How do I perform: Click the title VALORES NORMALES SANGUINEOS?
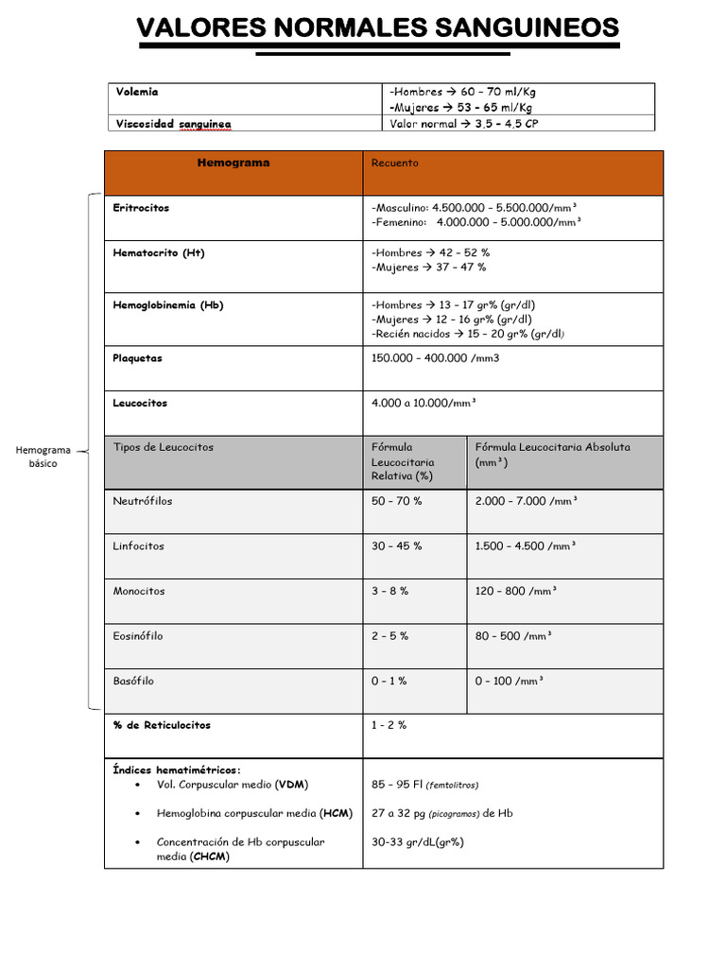click(x=378, y=29)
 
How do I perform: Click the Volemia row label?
click(x=137, y=93)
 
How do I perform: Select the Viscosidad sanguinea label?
click(x=173, y=124)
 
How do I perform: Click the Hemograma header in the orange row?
click(x=233, y=163)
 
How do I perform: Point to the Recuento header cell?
click(x=394, y=163)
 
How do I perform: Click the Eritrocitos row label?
click(x=141, y=208)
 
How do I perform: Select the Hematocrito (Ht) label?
click(x=158, y=253)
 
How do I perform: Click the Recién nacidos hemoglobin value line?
click(x=468, y=334)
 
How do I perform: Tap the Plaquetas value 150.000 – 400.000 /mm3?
click(x=435, y=358)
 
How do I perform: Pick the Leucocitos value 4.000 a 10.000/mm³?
click(x=423, y=403)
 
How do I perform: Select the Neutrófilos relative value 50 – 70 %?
click(x=397, y=501)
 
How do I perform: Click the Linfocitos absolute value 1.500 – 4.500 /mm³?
click(x=525, y=546)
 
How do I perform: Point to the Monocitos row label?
click(x=139, y=591)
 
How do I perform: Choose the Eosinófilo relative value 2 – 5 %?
click(x=390, y=636)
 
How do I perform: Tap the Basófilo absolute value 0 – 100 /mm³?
click(x=510, y=681)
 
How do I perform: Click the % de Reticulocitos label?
click(x=162, y=725)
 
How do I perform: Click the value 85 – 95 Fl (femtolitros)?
click(x=425, y=785)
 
